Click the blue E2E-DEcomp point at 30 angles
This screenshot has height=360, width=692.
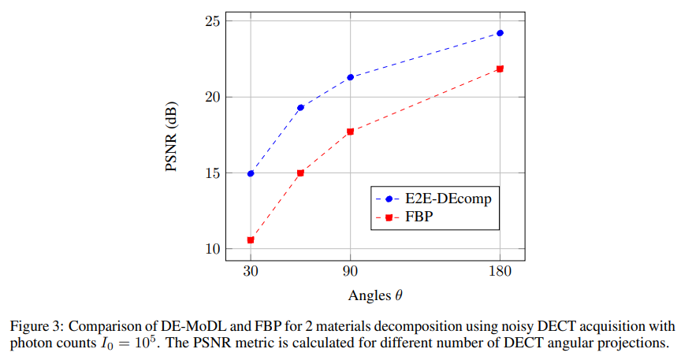tap(251, 173)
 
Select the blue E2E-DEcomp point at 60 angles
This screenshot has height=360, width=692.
tap(300, 107)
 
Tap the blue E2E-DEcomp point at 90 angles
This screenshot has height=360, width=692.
tap(350, 77)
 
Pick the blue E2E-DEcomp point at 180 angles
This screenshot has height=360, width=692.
tap(500, 33)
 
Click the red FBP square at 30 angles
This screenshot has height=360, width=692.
tap(251, 239)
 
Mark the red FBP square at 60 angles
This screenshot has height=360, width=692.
tap(300, 173)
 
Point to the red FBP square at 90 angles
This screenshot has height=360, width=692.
tap(350, 132)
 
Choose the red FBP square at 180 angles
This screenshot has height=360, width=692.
tap(500, 69)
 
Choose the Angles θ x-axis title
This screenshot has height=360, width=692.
tap(375, 296)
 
